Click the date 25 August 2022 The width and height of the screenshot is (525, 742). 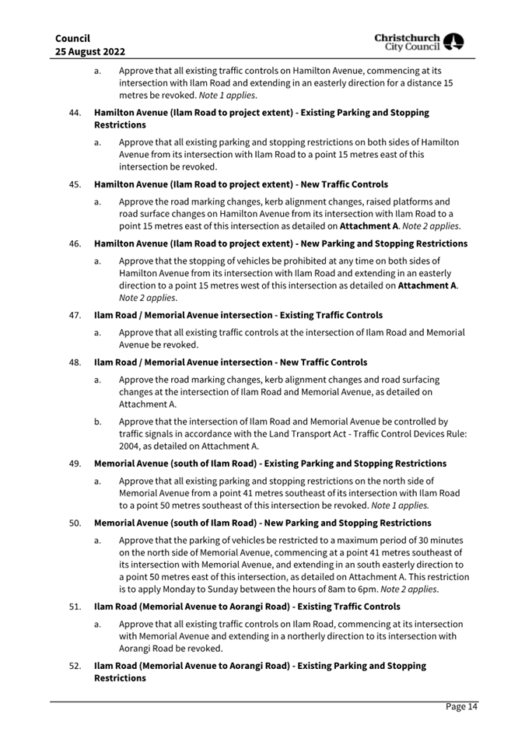coord(90,51)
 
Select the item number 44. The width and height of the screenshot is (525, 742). coord(75,113)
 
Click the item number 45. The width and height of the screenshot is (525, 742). coord(75,184)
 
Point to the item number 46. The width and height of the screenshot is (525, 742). coord(75,243)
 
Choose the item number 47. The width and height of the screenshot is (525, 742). coord(75,315)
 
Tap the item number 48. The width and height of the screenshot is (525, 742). coord(75,362)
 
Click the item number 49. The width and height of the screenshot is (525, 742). coord(75,464)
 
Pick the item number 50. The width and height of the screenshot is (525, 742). coord(75,523)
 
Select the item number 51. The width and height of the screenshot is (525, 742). coord(75,607)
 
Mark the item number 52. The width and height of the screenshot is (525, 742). coord(75,666)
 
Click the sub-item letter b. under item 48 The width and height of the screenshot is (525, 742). coord(98,422)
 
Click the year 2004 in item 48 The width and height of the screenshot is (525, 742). coord(131,446)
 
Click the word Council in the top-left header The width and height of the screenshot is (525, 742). coord(72,38)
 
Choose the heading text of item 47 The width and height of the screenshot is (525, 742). coord(238,315)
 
